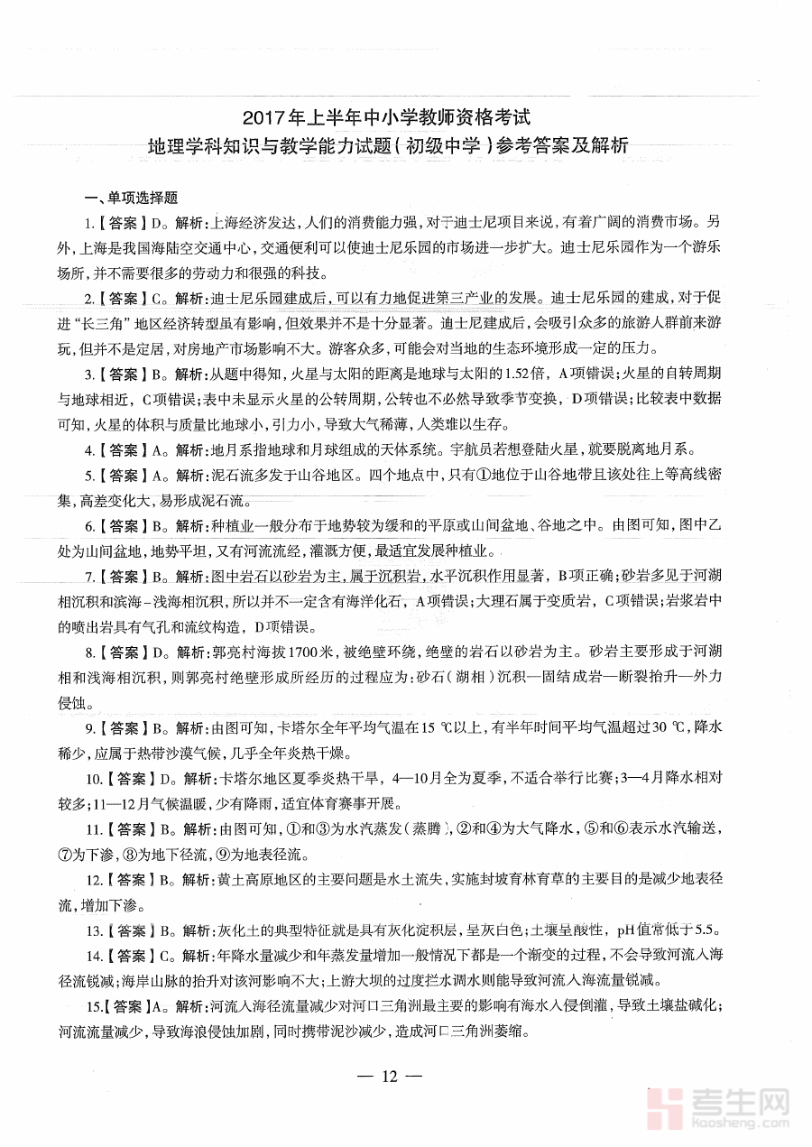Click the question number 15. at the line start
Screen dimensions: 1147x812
pos(93,1007)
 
